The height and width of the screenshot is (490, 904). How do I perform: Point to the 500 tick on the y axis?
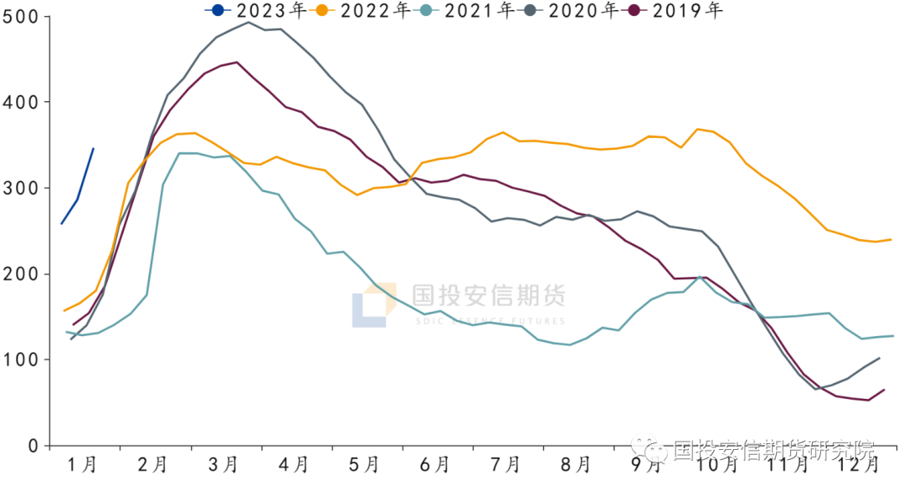coord(23,17)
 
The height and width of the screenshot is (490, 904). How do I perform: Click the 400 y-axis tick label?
coord(23,102)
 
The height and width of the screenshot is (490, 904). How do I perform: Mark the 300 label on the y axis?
coord(23,188)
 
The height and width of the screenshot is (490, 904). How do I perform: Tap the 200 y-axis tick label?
coord(23,274)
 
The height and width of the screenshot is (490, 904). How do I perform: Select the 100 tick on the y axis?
coord(23,360)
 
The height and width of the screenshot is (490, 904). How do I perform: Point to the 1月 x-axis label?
coord(82,465)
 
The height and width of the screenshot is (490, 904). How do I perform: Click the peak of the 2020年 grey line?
coord(248,22)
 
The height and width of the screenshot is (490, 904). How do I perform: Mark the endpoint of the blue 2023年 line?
coord(93,148)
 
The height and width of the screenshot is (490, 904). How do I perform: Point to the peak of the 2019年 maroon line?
coord(237,62)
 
